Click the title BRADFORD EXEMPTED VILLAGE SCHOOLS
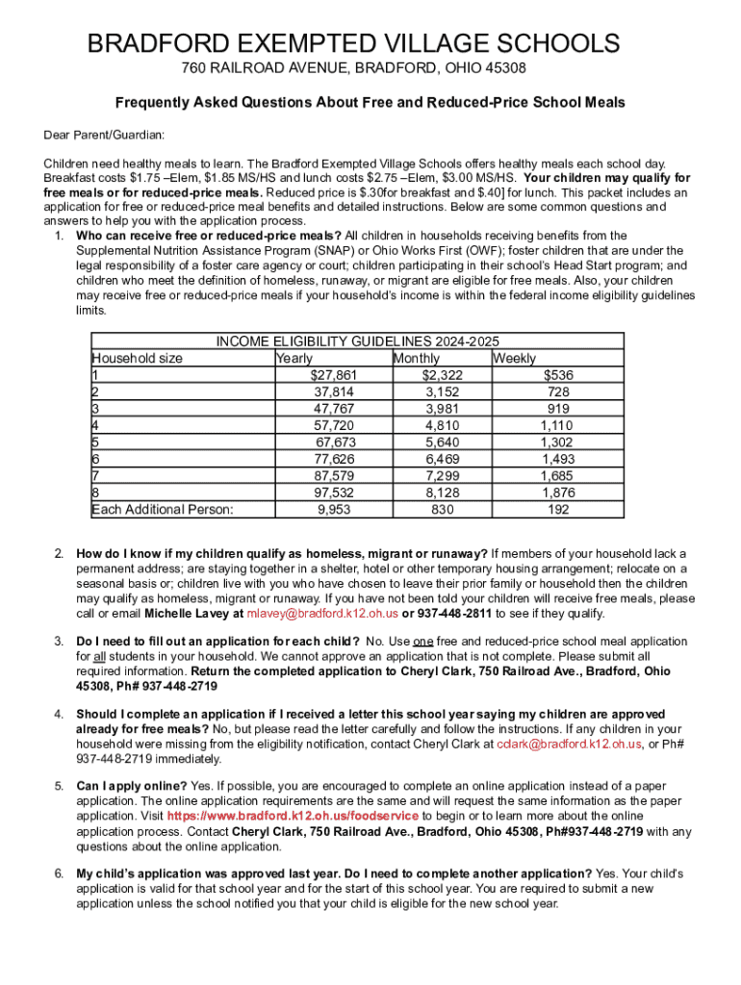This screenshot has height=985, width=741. pyautogui.click(x=354, y=43)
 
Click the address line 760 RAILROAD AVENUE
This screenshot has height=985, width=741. pyautogui.click(x=354, y=70)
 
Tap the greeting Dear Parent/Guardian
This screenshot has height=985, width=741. pyautogui.click(x=104, y=134)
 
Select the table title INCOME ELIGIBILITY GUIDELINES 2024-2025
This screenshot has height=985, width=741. pyautogui.click(x=357, y=341)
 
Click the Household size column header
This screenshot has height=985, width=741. pyautogui.click(x=137, y=358)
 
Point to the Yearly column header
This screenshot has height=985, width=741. pyautogui.click(x=294, y=358)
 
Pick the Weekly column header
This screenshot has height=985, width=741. pyautogui.click(x=515, y=358)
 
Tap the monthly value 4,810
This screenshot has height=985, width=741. pyautogui.click(x=442, y=424)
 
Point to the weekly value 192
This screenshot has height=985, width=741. pyautogui.click(x=558, y=510)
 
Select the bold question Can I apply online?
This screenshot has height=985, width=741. pyautogui.click(x=132, y=786)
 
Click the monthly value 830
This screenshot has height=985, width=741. pyautogui.click(x=442, y=510)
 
